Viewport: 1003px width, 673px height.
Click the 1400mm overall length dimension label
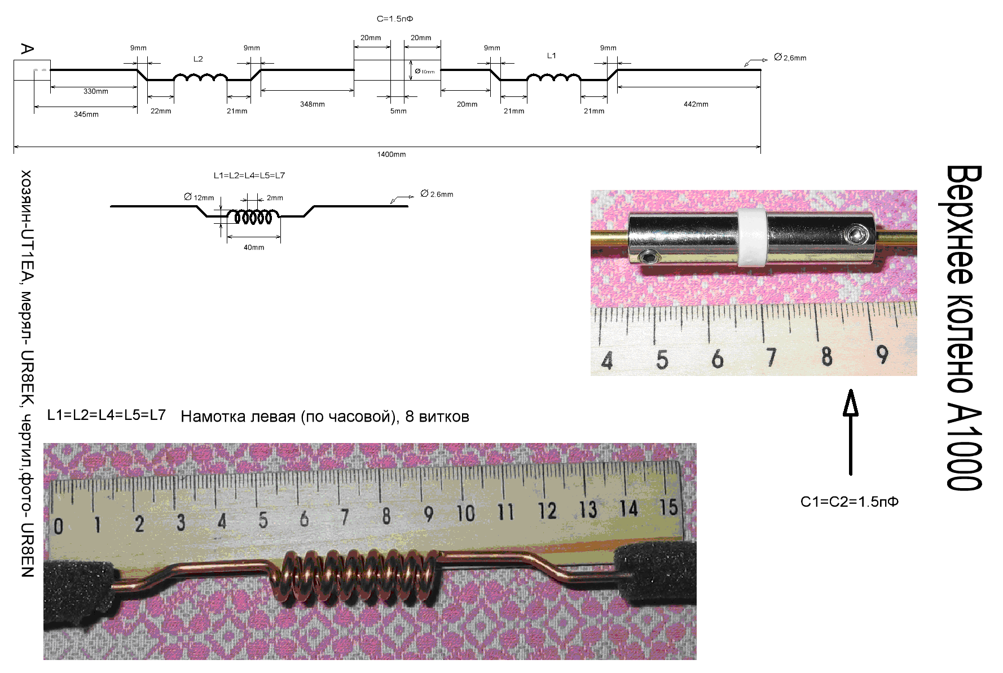(391, 154)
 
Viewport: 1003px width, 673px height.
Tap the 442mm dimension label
(696, 104)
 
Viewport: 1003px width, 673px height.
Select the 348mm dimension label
(312, 104)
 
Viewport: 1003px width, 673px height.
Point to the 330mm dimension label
(96, 91)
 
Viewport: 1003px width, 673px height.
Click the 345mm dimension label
(86, 114)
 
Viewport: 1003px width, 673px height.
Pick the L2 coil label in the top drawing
(198, 59)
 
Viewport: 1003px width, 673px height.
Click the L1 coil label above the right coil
(551, 56)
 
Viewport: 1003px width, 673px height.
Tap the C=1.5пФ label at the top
(395, 19)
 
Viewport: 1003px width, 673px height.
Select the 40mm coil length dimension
(254, 247)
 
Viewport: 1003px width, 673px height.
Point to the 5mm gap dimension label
(398, 111)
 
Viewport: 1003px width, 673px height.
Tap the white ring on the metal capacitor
(751, 238)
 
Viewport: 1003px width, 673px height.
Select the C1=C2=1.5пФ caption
(849, 502)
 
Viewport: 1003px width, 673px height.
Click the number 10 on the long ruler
(465, 513)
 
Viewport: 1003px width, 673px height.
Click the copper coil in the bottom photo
(353, 581)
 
